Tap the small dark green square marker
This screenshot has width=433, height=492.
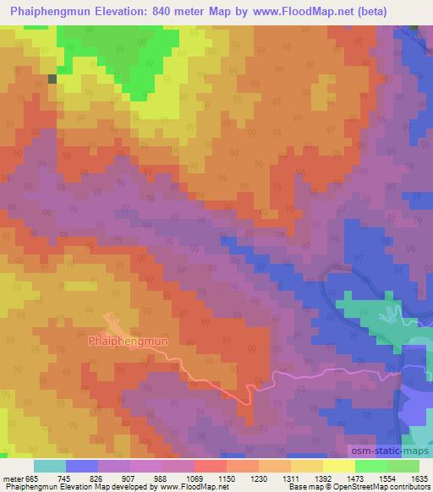(52, 79)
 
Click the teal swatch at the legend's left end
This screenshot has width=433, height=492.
(49, 466)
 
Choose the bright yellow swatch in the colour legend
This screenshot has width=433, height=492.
(338, 466)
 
